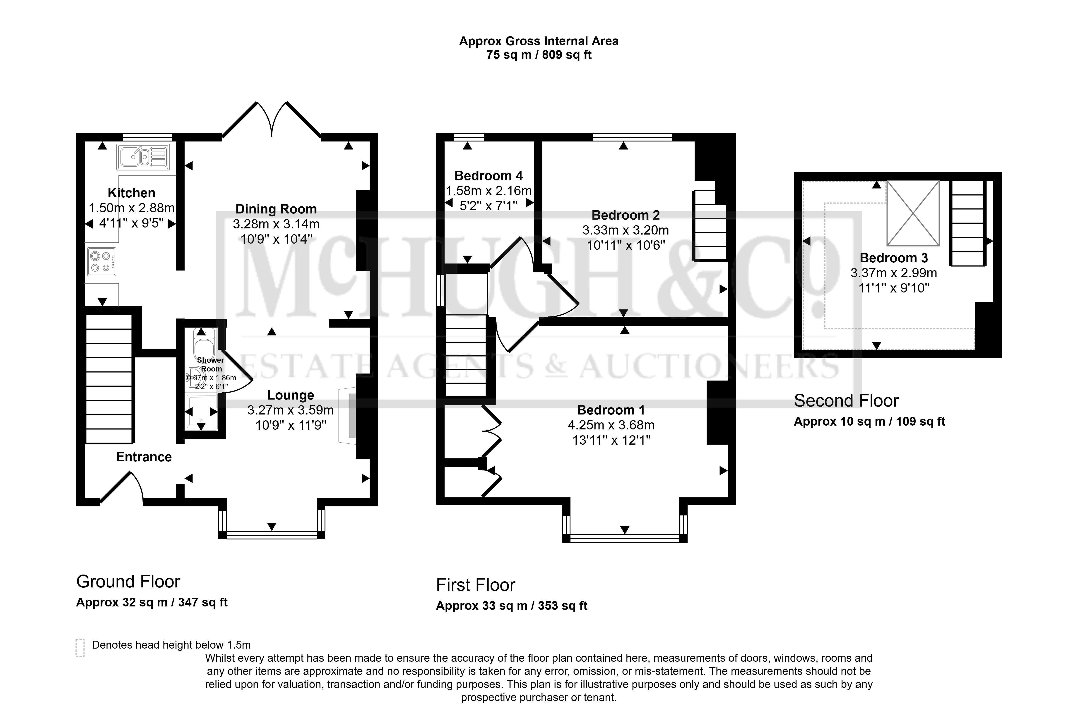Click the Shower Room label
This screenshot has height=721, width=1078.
(x=211, y=364)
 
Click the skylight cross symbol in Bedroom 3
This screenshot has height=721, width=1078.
(x=913, y=213)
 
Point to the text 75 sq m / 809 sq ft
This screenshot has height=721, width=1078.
(x=539, y=55)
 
